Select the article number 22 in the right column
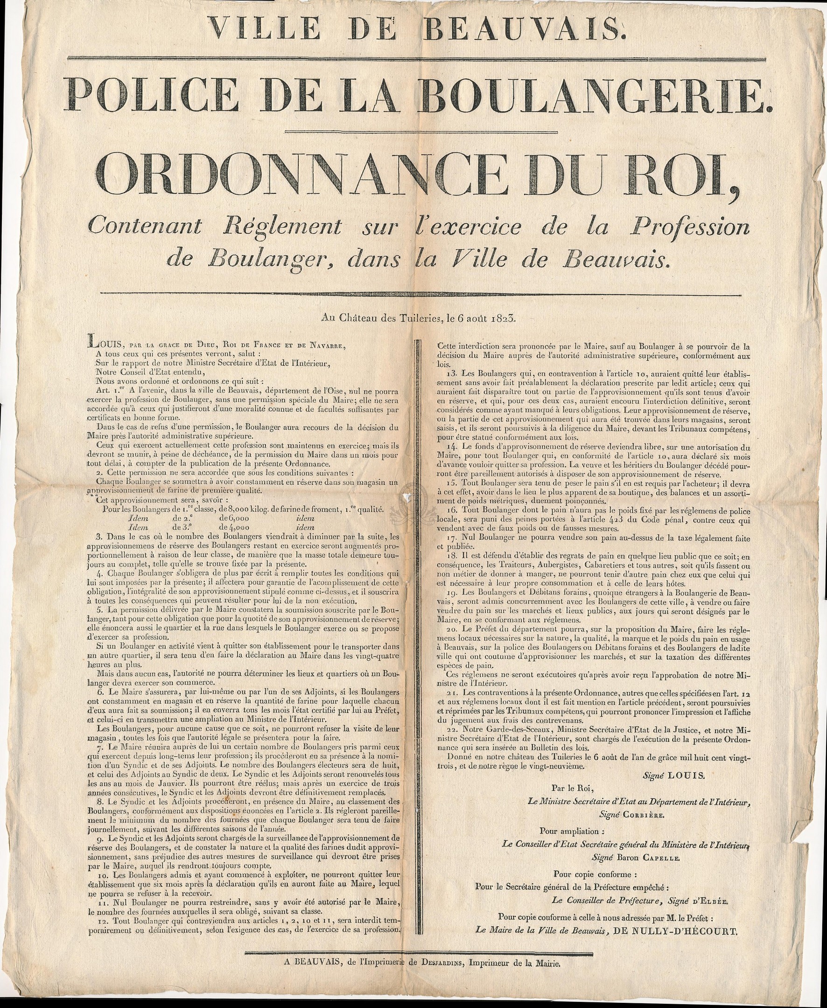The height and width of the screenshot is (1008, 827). click(443, 729)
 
